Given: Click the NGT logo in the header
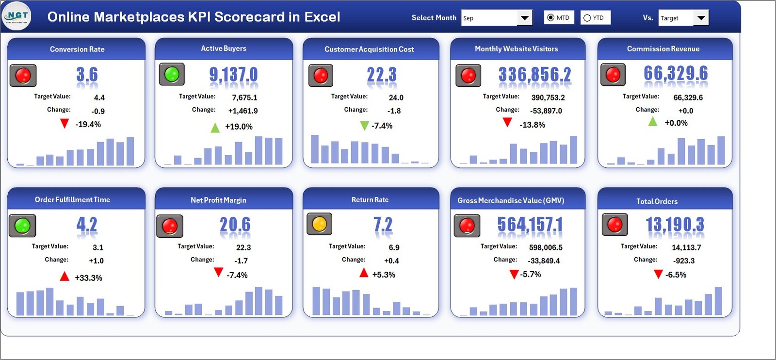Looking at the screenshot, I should coord(16,16).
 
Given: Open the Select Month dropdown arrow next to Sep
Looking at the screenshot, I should coord(524,18).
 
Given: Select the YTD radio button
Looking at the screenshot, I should coord(587,18).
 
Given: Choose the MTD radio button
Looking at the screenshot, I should coord(550,18).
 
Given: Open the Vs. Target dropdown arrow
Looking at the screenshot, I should coord(701,18).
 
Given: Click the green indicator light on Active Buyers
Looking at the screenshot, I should coord(172,74).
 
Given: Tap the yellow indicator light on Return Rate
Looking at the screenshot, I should coord(319,224).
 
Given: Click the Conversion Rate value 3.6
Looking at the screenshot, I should coord(87,75).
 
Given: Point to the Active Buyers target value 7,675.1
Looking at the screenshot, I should coord(244,98).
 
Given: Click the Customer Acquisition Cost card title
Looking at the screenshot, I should coord(369,49).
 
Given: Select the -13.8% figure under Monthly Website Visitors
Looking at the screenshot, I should coord(532,125).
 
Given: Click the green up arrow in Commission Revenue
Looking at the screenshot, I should coord(653,121).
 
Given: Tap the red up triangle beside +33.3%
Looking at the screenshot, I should coord(65,277).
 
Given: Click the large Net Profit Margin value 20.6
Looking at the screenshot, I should coord(235,225).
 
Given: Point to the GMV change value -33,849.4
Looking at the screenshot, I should coord(544,261).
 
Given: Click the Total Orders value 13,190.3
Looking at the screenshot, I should coord(675,225).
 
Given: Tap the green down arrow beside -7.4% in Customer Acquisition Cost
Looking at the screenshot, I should coord(364,126).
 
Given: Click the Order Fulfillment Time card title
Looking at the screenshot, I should coord(72,199).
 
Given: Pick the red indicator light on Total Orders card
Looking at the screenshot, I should coord(614,225).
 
